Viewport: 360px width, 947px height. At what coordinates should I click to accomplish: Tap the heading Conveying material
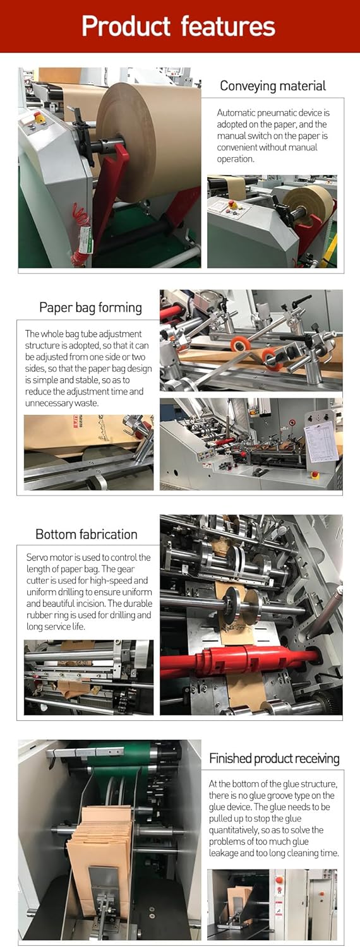click(273, 86)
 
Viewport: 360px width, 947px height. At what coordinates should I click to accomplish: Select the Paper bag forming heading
click(90, 307)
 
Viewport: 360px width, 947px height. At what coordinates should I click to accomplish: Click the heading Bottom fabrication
click(87, 534)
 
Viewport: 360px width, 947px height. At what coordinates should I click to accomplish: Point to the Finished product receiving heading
click(274, 758)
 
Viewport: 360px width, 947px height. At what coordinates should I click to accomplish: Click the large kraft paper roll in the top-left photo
click(148, 139)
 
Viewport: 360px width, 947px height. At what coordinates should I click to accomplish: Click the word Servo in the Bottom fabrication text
click(38, 557)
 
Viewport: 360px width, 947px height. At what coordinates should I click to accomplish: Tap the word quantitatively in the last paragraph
click(239, 830)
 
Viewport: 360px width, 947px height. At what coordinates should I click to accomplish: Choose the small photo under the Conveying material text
click(272, 221)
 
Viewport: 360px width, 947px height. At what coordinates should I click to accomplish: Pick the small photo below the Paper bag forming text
click(88, 452)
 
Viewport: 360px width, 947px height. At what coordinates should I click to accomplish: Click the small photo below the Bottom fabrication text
click(88, 677)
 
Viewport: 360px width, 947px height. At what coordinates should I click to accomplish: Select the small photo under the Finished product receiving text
click(272, 904)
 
